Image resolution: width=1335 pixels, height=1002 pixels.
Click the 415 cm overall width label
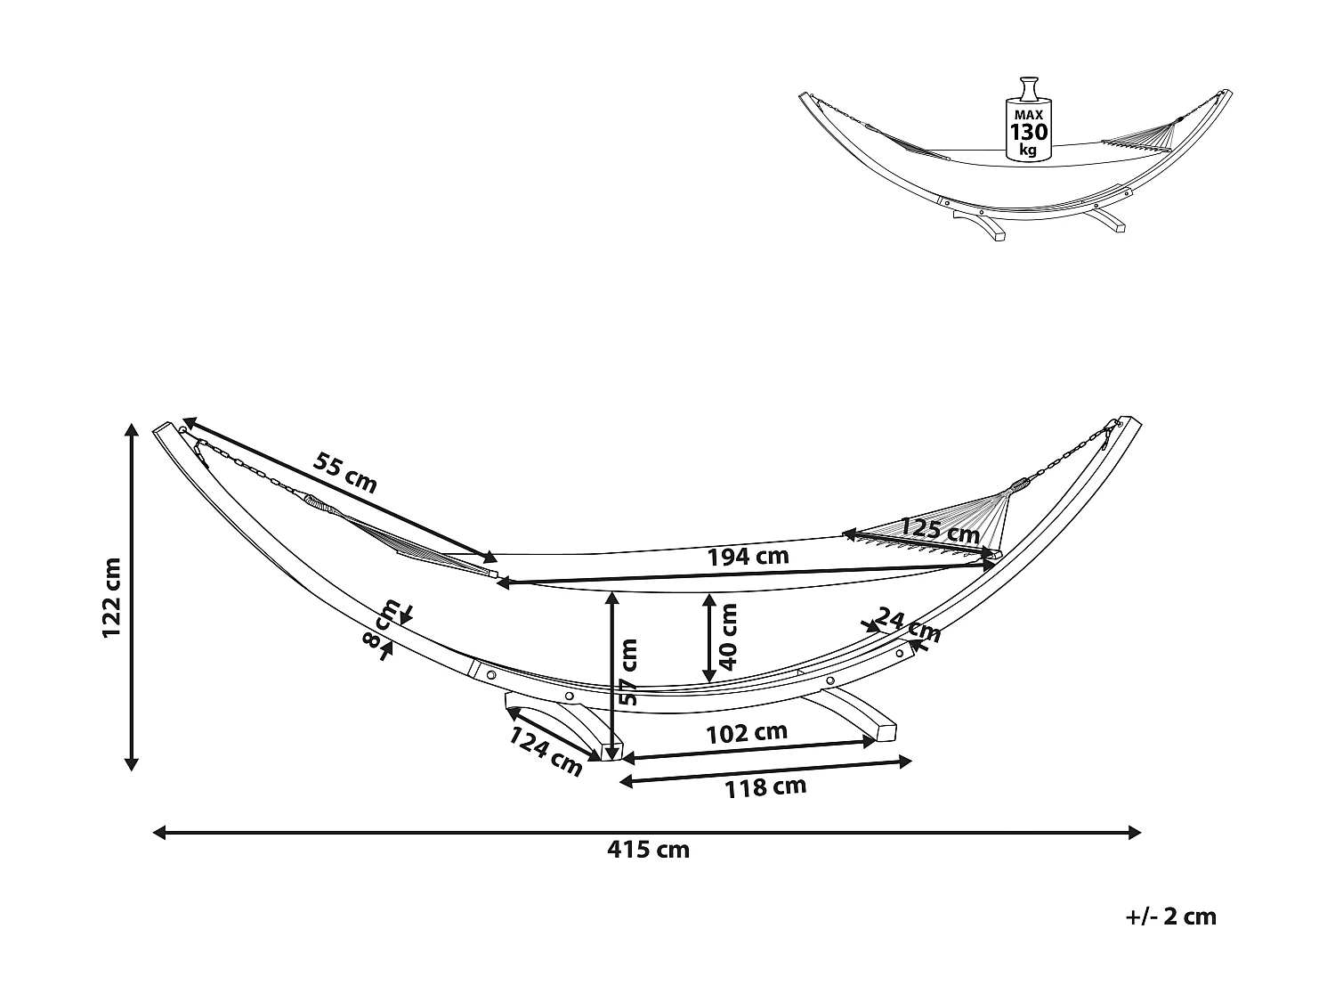point(648,850)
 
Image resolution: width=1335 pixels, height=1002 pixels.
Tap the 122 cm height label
point(112,598)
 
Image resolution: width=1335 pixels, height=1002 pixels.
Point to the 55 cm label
point(345,473)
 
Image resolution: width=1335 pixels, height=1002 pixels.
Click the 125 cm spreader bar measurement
point(940,531)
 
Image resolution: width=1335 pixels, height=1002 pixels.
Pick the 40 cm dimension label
point(729,636)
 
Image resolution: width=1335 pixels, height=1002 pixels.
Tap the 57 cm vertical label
point(628,672)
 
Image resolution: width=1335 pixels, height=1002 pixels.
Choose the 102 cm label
point(747,733)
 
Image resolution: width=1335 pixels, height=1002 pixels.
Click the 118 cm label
point(765,786)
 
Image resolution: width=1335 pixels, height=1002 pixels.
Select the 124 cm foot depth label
point(546,752)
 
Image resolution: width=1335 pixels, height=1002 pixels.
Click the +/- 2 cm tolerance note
point(1169,916)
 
